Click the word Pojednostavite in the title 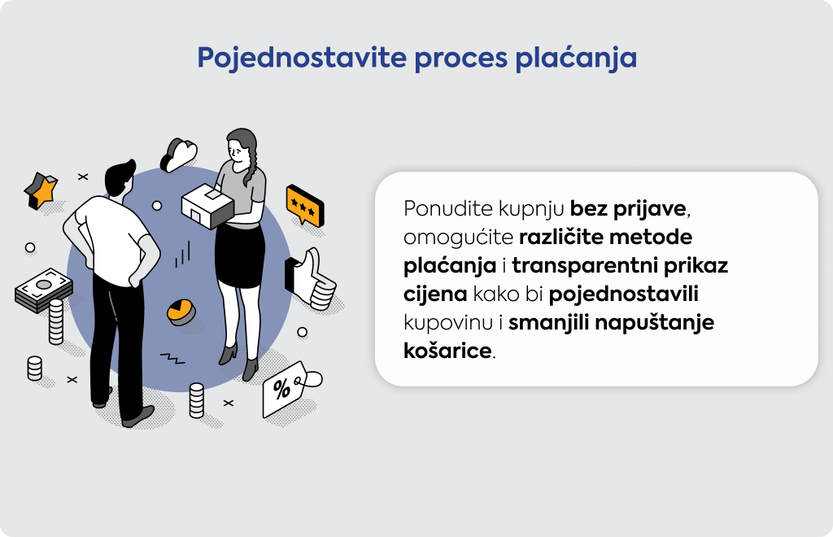[x=302, y=58]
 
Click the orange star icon [x=41, y=190]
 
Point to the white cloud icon [x=178, y=155]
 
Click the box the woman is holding [x=207, y=206]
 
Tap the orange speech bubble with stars [x=304, y=205]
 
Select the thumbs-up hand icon [x=310, y=279]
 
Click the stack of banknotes [x=44, y=290]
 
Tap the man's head [x=120, y=178]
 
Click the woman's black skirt [x=240, y=256]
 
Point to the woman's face [x=238, y=151]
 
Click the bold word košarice [x=447, y=351]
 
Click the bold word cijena [x=435, y=295]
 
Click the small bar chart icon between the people [x=182, y=255]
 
